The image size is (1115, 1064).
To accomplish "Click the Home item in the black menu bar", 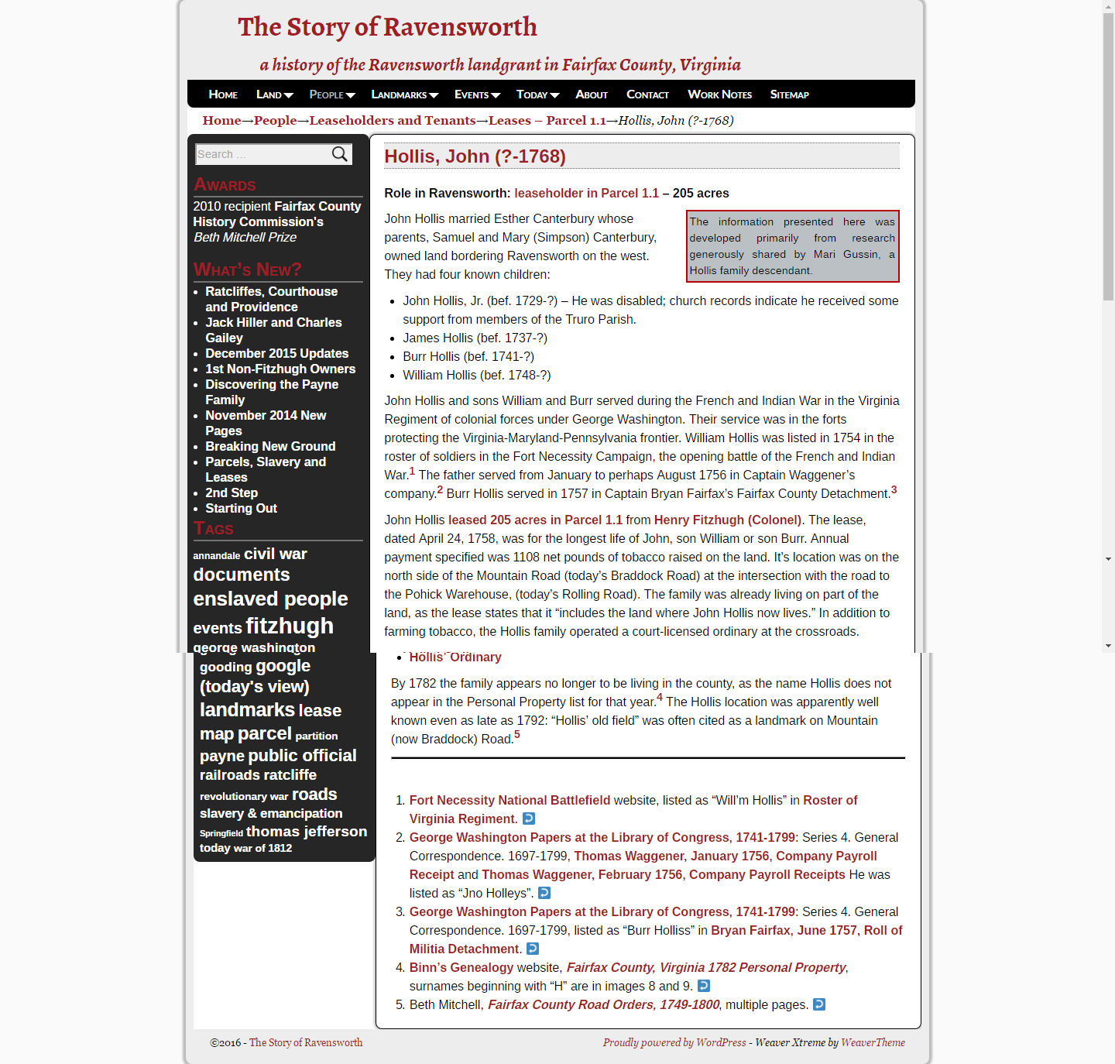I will pyautogui.click(x=223, y=94).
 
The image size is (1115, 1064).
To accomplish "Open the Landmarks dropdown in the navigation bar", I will pyautogui.click(x=404, y=94).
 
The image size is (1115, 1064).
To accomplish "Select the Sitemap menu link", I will pyautogui.click(x=789, y=94).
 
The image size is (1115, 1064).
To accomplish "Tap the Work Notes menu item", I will pyautogui.click(x=719, y=94).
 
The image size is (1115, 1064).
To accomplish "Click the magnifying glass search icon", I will pyautogui.click(x=340, y=154).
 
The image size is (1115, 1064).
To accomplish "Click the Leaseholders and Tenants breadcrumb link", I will pyautogui.click(x=392, y=120).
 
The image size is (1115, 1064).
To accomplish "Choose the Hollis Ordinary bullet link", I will pyautogui.click(x=455, y=657).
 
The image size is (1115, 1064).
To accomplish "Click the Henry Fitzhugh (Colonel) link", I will pyautogui.click(x=727, y=520).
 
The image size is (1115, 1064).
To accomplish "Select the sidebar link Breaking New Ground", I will pyautogui.click(x=270, y=446).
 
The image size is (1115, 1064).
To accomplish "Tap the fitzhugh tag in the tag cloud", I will pyautogui.click(x=290, y=626).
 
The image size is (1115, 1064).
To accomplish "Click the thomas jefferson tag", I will pyautogui.click(x=307, y=831).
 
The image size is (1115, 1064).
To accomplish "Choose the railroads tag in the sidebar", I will pyautogui.click(x=258, y=775).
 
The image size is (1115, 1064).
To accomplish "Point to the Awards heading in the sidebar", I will pyautogui.click(x=225, y=185).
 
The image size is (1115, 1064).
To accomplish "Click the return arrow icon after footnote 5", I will pyautogui.click(x=819, y=1004).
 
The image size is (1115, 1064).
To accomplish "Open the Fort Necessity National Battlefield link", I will pyautogui.click(x=509, y=800).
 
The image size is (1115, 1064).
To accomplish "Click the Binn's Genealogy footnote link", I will pyautogui.click(x=461, y=967).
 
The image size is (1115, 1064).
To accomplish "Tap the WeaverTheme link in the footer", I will pyautogui.click(x=873, y=1042).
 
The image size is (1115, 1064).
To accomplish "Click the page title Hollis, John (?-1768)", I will pyautogui.click(x=475, y=156).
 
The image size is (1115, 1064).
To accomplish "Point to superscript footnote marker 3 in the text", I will pyautogui.click(x=894, y=489).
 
